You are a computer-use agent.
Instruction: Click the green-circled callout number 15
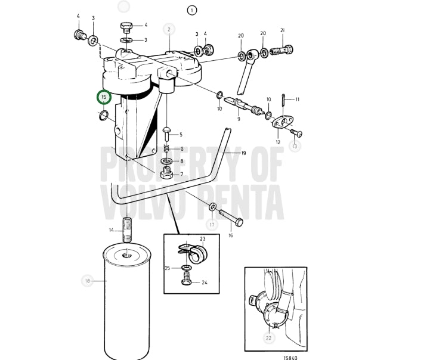click(x=104, y=97)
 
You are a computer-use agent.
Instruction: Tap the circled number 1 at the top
click(x=192, y=11)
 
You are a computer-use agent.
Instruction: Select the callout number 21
click(x=283, y=30)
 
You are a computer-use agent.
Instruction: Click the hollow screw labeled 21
click(x=281, y=51)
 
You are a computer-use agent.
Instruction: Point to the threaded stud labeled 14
click(x=127, y=229)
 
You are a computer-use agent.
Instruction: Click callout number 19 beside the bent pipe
click(x=243, y=153)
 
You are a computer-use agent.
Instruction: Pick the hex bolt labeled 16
click(x=231, y=219)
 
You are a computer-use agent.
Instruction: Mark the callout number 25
click(x=168, y=268)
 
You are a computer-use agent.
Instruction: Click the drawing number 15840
click(x=290, y=358)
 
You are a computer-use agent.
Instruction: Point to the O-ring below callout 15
click(x=103, y=116)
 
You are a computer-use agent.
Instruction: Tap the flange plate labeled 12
click(x=283, y=122)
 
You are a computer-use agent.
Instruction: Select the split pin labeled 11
click(x=283, y=101)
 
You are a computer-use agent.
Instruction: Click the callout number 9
click(x=239, y=119)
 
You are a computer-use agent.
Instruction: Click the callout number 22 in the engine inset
click(x=268, y=338)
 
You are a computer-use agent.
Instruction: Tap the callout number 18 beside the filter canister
click(x=88, y=281)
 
